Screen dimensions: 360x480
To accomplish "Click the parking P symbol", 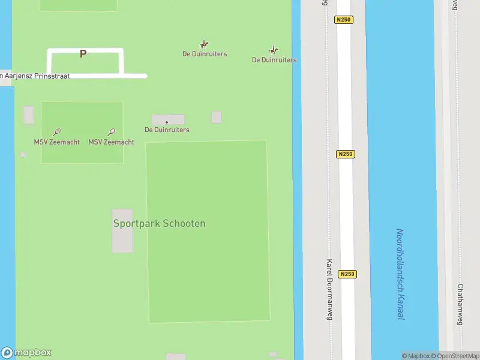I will [x=83, y=54].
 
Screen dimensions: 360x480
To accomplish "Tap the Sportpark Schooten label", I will [x=159, y=223].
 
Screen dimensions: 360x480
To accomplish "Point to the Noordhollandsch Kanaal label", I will [x=400, y=274].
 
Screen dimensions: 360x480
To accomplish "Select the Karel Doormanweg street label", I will [x=329, y=287].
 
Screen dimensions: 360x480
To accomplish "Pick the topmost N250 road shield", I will [x=344, y=20].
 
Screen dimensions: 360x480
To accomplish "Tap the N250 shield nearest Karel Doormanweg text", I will [x=346, y=274].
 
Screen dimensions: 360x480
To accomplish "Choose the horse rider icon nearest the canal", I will [x=274, y=50].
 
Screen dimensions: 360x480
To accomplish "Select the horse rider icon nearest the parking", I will [x=204, y=44].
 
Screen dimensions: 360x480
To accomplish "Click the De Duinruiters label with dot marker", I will [x=167, y=130].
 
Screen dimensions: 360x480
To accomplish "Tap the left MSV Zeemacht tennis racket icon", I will [x=56, y=132].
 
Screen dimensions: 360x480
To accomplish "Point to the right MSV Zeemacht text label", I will [x=111, y=142].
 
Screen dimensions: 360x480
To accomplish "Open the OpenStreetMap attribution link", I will [x=458, y=356].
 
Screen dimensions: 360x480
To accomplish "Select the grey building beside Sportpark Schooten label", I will [x=122, y=231].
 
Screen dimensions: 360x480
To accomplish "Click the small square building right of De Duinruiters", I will [x=216, y=117].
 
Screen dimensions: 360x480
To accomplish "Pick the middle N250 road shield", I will [x=346, y=154].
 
